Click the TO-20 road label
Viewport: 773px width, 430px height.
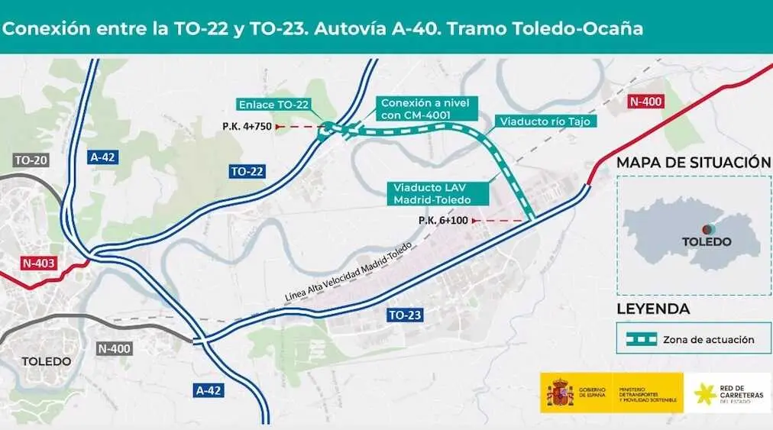tap(31, 160)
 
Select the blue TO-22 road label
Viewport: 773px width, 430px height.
tap(247, 172)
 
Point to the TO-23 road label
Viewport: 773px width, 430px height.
tap(405, 315)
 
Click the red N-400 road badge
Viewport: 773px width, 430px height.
tap(645, 101)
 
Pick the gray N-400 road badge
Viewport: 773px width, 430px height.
tap(115, 348)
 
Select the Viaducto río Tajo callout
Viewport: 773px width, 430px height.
tap(544, 121)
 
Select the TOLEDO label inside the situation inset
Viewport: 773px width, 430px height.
tap(707, 241)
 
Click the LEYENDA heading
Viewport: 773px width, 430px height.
tap(653, 309)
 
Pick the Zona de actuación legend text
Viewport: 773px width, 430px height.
tap(709, 340)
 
